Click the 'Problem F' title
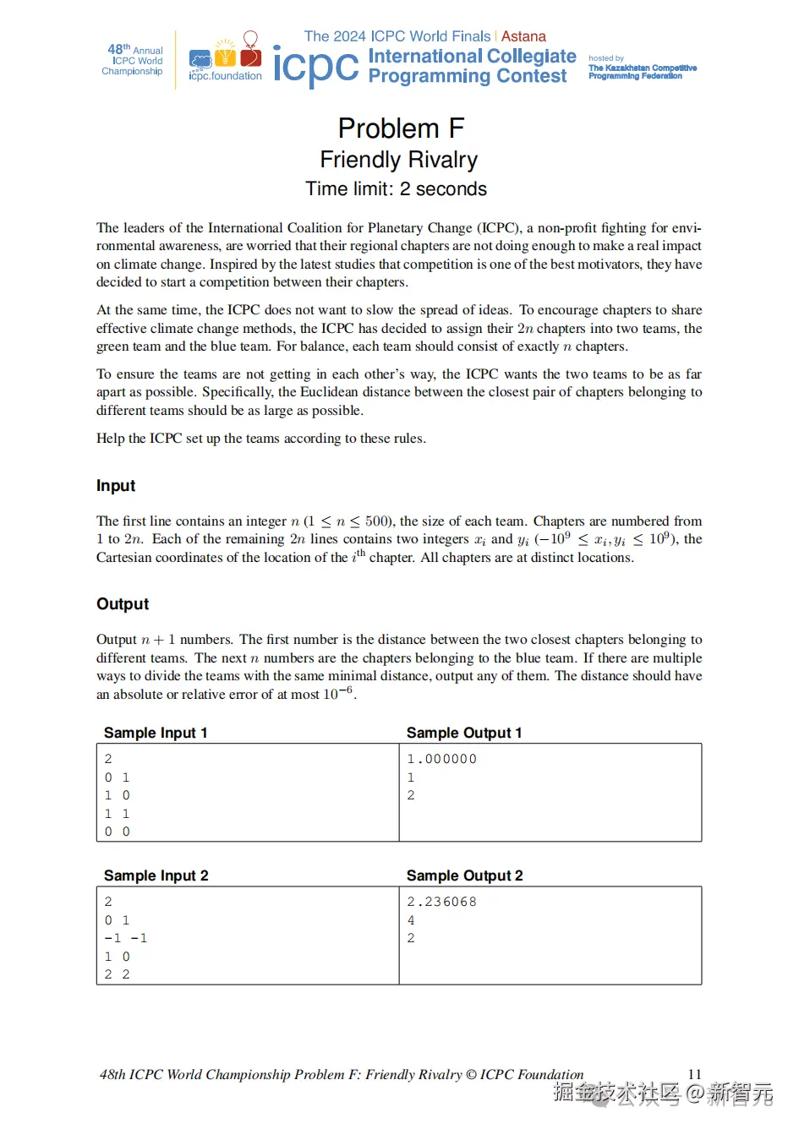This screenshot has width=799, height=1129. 401,128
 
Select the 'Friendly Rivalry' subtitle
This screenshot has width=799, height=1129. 399,160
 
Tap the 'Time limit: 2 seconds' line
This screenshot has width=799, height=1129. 396,189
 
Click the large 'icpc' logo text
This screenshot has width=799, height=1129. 315,66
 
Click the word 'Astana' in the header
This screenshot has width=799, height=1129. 523,36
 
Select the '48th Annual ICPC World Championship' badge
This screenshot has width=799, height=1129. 134,60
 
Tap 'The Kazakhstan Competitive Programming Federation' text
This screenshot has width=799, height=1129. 642,72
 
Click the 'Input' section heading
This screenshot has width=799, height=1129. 116,486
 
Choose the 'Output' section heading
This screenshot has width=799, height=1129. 123,604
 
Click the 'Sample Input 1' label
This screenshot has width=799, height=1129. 156,733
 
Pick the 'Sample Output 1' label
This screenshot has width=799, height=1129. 464,733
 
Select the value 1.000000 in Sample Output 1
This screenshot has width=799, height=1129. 442,759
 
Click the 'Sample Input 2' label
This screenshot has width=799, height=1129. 156,875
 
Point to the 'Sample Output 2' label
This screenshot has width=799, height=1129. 465,875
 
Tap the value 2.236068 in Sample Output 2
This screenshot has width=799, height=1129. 442,902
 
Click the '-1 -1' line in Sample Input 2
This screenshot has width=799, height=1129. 126,938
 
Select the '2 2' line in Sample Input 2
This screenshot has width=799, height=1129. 118,974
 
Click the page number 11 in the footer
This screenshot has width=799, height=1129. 694,1074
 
